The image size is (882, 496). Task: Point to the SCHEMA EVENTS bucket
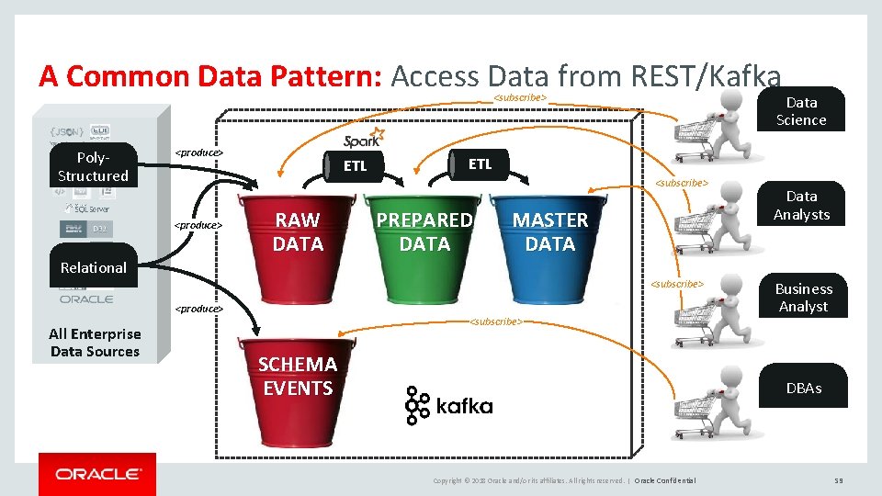298,390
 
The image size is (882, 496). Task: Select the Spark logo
363,139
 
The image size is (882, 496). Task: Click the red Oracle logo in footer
97,474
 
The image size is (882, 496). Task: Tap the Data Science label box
800,111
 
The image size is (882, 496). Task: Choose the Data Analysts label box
800,206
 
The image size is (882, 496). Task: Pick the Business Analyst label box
803,298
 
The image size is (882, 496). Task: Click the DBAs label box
803,388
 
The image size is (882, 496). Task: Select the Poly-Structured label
93,166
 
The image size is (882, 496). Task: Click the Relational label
93,267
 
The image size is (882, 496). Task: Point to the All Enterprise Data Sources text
95,343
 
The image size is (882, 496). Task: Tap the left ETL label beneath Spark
355,166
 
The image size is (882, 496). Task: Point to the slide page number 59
837,480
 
